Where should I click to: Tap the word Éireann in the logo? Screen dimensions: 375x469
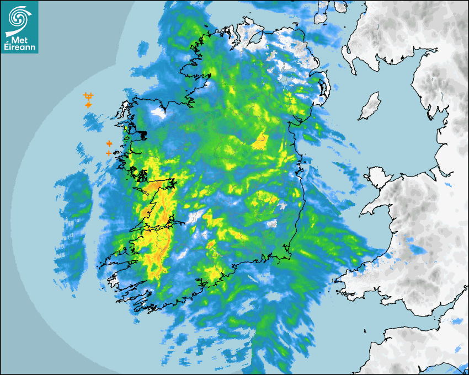(20, 48)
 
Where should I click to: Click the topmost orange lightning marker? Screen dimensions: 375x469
(88, 96)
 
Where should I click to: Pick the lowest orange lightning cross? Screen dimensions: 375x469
(109, 153)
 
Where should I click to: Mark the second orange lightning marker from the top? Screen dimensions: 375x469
(88, 104)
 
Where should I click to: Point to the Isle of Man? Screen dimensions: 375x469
(370, 106)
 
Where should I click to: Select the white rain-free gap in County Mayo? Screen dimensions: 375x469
(159, 112)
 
